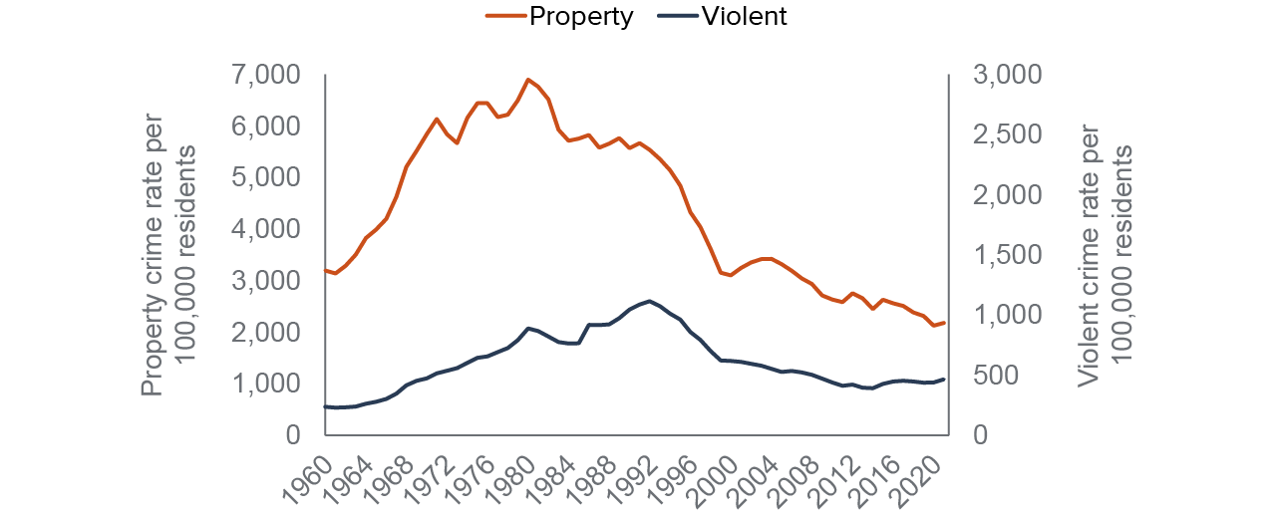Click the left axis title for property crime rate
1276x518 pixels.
point(165,254)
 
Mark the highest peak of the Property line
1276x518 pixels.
point(528,79)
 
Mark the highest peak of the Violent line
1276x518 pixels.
point(650,301)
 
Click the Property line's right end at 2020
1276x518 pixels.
point(944,323)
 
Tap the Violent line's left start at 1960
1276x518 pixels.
point(326,406)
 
